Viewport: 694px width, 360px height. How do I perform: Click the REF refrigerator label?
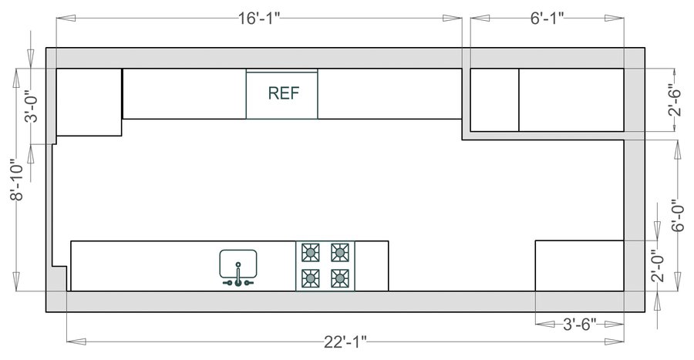281,93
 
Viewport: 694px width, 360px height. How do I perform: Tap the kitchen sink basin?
238,262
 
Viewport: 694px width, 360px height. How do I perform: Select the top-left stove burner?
311,252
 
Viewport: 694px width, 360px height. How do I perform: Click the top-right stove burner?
339,252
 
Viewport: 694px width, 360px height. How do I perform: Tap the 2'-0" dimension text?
656,266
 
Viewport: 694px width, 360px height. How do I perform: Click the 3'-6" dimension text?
578,324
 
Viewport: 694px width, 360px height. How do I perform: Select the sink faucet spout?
238,273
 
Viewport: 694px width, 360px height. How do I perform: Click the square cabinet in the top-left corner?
89,102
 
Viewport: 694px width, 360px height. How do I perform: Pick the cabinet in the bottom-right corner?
579,265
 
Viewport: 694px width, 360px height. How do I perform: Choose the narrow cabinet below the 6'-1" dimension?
494,99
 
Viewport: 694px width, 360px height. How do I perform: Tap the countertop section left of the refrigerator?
184,93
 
